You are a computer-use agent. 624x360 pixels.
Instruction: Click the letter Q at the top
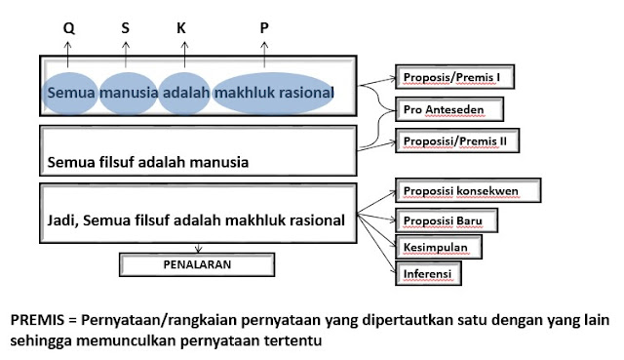(x=68, y=27)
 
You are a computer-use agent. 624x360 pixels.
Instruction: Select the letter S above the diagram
(x=125, y=27)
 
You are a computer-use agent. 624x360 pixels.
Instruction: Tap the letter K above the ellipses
(x=181, y=27)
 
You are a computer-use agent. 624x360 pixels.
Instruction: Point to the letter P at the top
(x=264, y=27)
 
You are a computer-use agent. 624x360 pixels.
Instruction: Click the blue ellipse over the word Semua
(x=69, y=90)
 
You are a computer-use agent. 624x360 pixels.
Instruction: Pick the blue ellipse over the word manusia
(x=127, y=90)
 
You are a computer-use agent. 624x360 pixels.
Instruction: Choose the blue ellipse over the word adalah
(x=184, y=90)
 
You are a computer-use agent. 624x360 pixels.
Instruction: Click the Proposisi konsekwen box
(x=464, y=188)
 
